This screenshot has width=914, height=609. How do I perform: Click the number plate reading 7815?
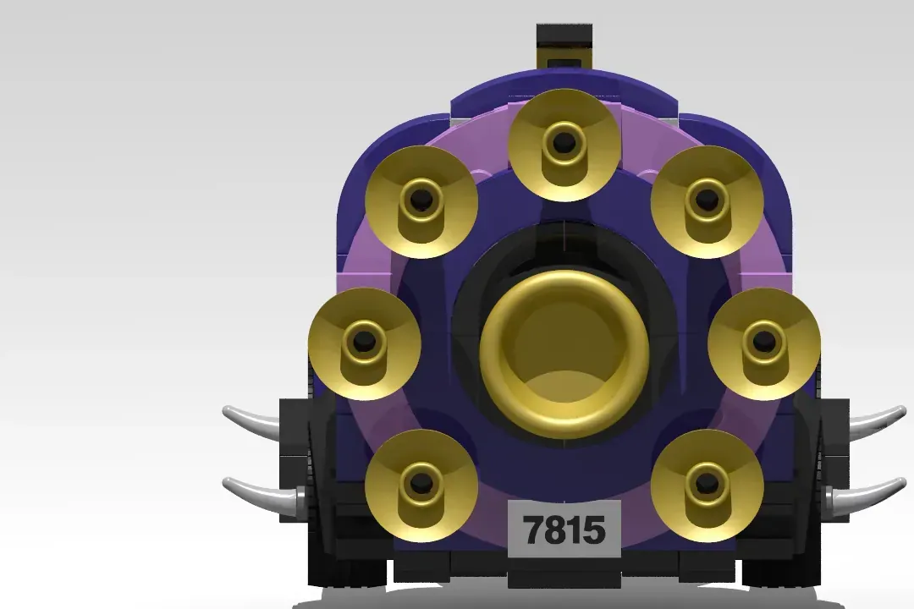[564, 529]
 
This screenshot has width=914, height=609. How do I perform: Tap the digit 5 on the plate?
[595, 530]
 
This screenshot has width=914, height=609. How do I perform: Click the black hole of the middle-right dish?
[763, 341]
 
